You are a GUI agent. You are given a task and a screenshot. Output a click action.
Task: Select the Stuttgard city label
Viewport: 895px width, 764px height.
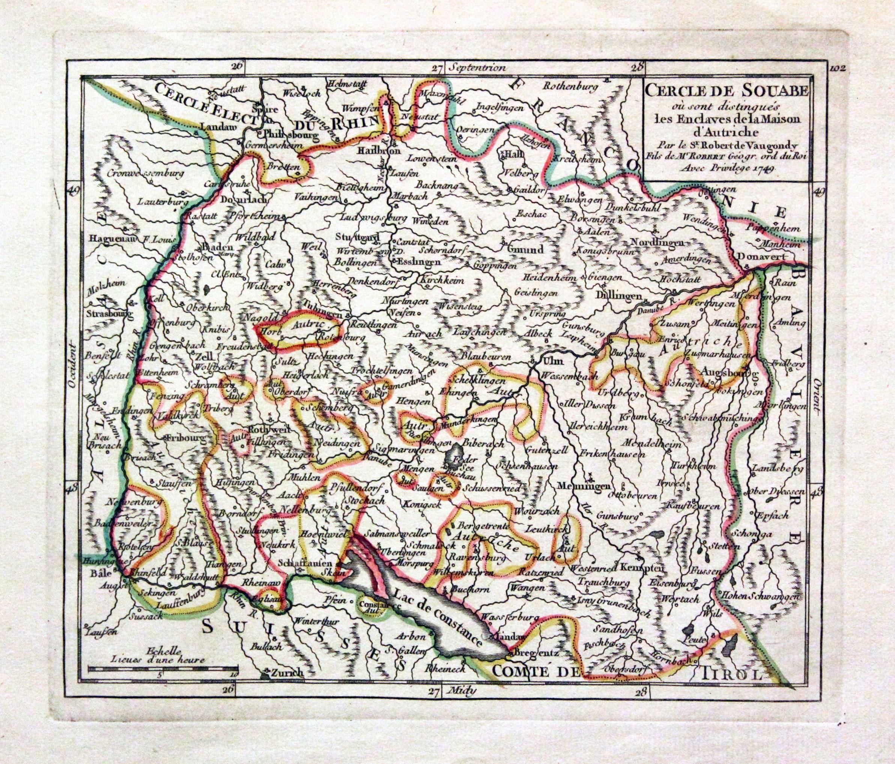358,237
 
